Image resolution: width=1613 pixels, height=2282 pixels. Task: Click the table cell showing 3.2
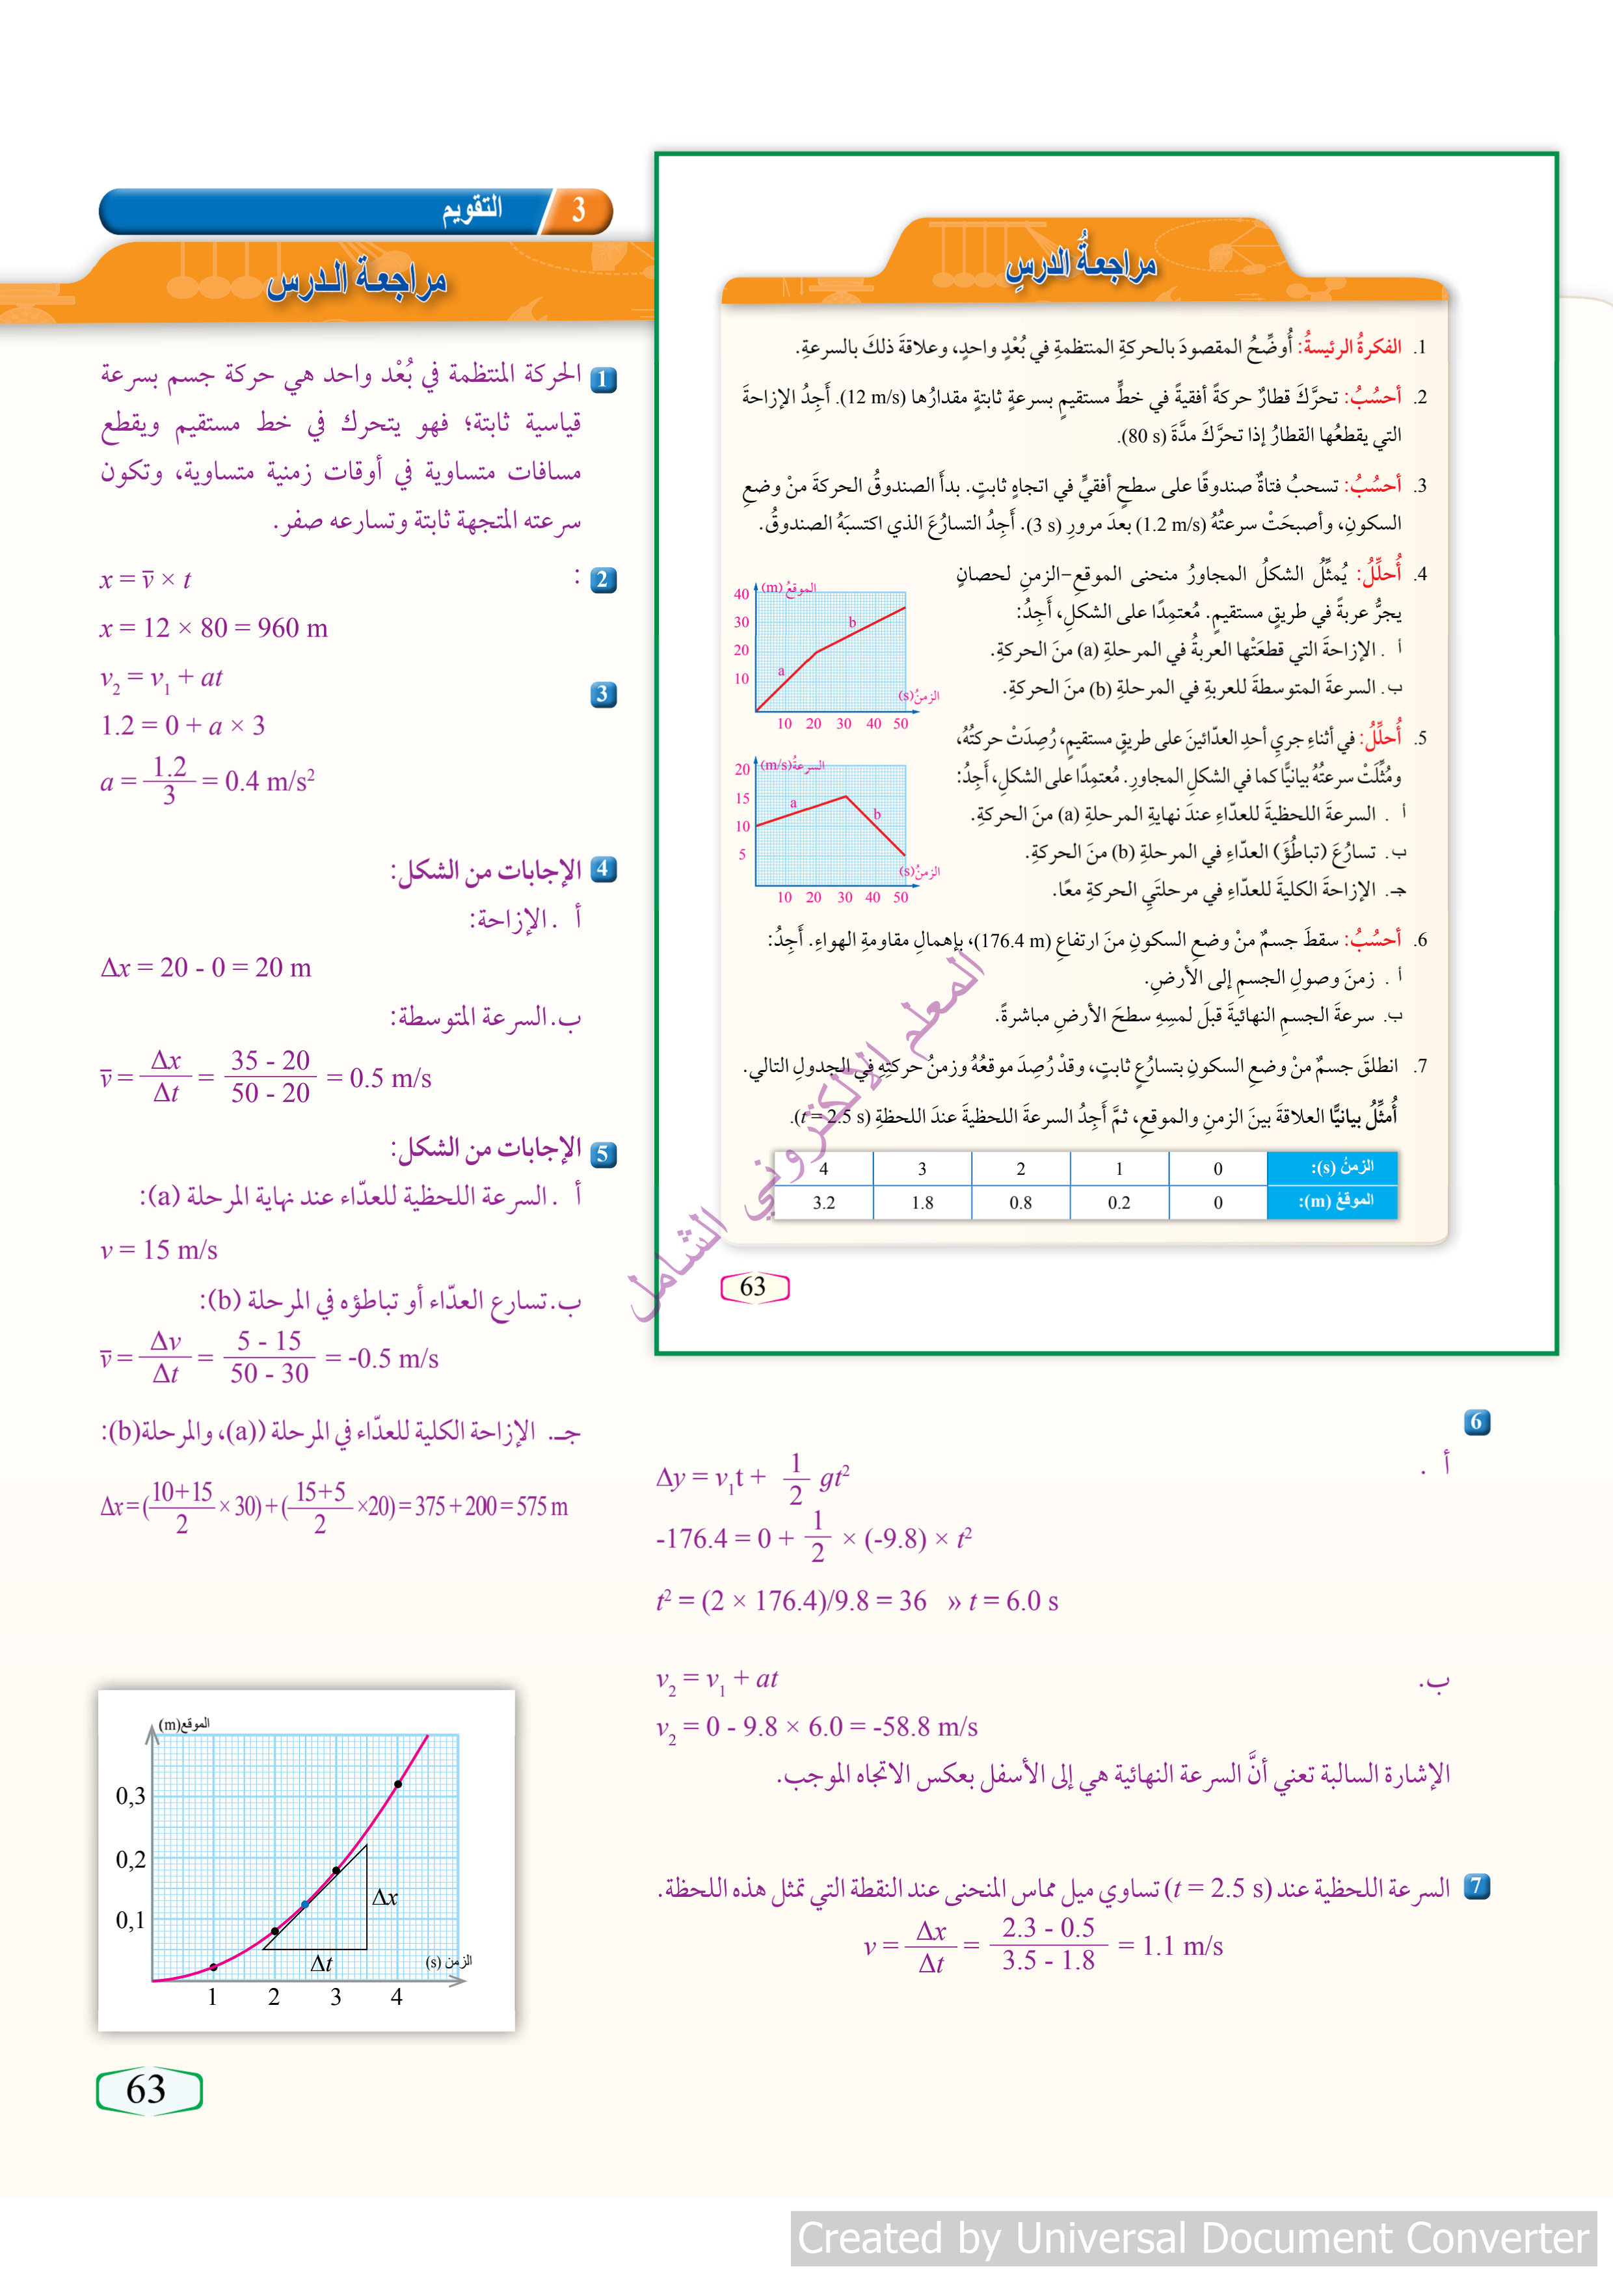tap(823, 1203)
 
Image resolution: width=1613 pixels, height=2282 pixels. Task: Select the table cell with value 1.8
tap(922, 1203)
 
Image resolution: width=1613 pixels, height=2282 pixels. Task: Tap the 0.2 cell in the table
tap(1119, 1203)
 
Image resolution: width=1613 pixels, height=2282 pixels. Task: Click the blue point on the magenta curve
tap(305, 1904)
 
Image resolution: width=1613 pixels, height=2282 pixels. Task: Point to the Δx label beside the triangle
tap(384, 1898)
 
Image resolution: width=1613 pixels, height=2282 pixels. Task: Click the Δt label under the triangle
tap(321, 1963)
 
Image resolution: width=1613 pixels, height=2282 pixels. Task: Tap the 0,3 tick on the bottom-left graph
tap(130, 1796)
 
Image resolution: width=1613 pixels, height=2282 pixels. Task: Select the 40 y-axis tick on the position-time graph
tap(741, 595)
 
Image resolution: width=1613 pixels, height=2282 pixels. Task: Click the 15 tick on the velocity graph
tap(742, 798)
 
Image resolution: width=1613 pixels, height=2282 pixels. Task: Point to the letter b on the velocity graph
tap(877, 814)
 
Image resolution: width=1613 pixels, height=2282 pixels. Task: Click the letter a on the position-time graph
tap(781, 671)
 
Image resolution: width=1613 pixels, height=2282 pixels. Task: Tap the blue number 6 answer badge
tap(1477, 1422)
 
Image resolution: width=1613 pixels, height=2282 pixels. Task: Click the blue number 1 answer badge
tap(604, 380)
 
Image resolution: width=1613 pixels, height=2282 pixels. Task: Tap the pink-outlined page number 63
tap(753, 1287)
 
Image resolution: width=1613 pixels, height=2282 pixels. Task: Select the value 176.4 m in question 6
tap(1009, 939)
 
